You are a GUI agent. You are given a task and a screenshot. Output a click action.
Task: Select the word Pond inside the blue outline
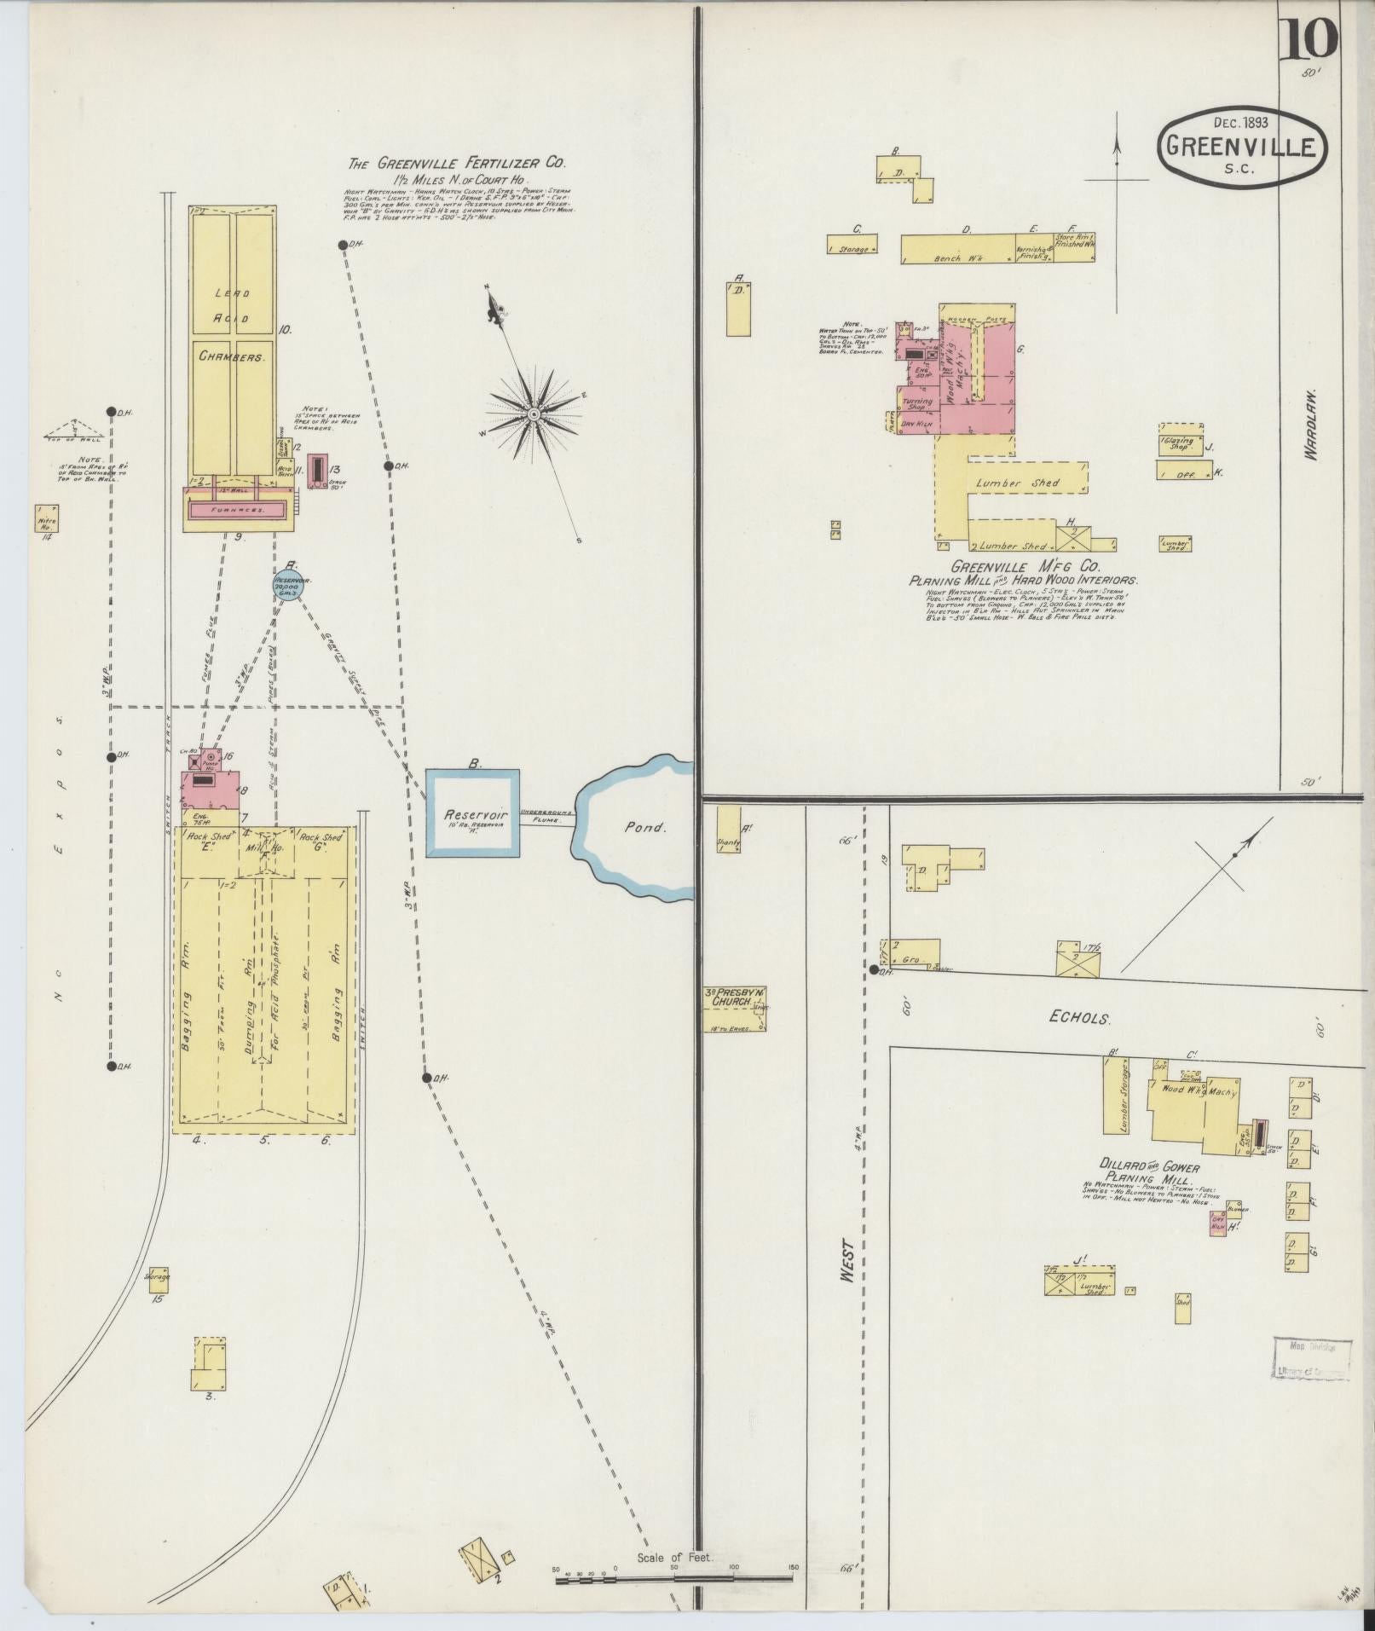[644, 826]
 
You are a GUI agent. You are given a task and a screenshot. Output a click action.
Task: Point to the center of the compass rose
[534, 414]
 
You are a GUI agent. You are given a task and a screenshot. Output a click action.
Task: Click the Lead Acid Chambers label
[231, 325]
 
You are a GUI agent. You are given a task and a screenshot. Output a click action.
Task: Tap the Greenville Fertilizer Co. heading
[456, 163]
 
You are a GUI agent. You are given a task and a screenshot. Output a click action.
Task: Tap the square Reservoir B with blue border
[473, 814]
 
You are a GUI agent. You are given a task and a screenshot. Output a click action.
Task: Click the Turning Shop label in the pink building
[916, 403]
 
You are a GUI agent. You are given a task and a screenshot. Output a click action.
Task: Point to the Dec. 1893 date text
[1240, 123]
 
